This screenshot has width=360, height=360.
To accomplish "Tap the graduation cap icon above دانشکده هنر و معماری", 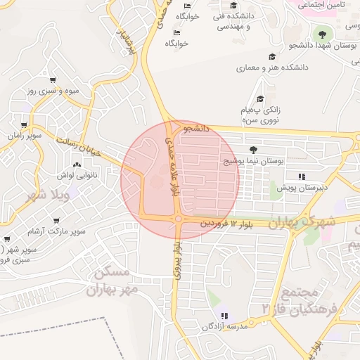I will pos(271,56).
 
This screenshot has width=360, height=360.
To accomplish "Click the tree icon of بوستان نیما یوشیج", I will pos(253,149).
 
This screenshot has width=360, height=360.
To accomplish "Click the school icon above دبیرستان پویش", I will pos(302,176).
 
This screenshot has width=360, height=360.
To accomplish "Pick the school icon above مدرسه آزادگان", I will pos(225,316).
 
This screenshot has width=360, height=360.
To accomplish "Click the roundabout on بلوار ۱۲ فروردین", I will pos(179,219).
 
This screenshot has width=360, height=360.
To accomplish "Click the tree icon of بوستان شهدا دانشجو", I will pos(322,34).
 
